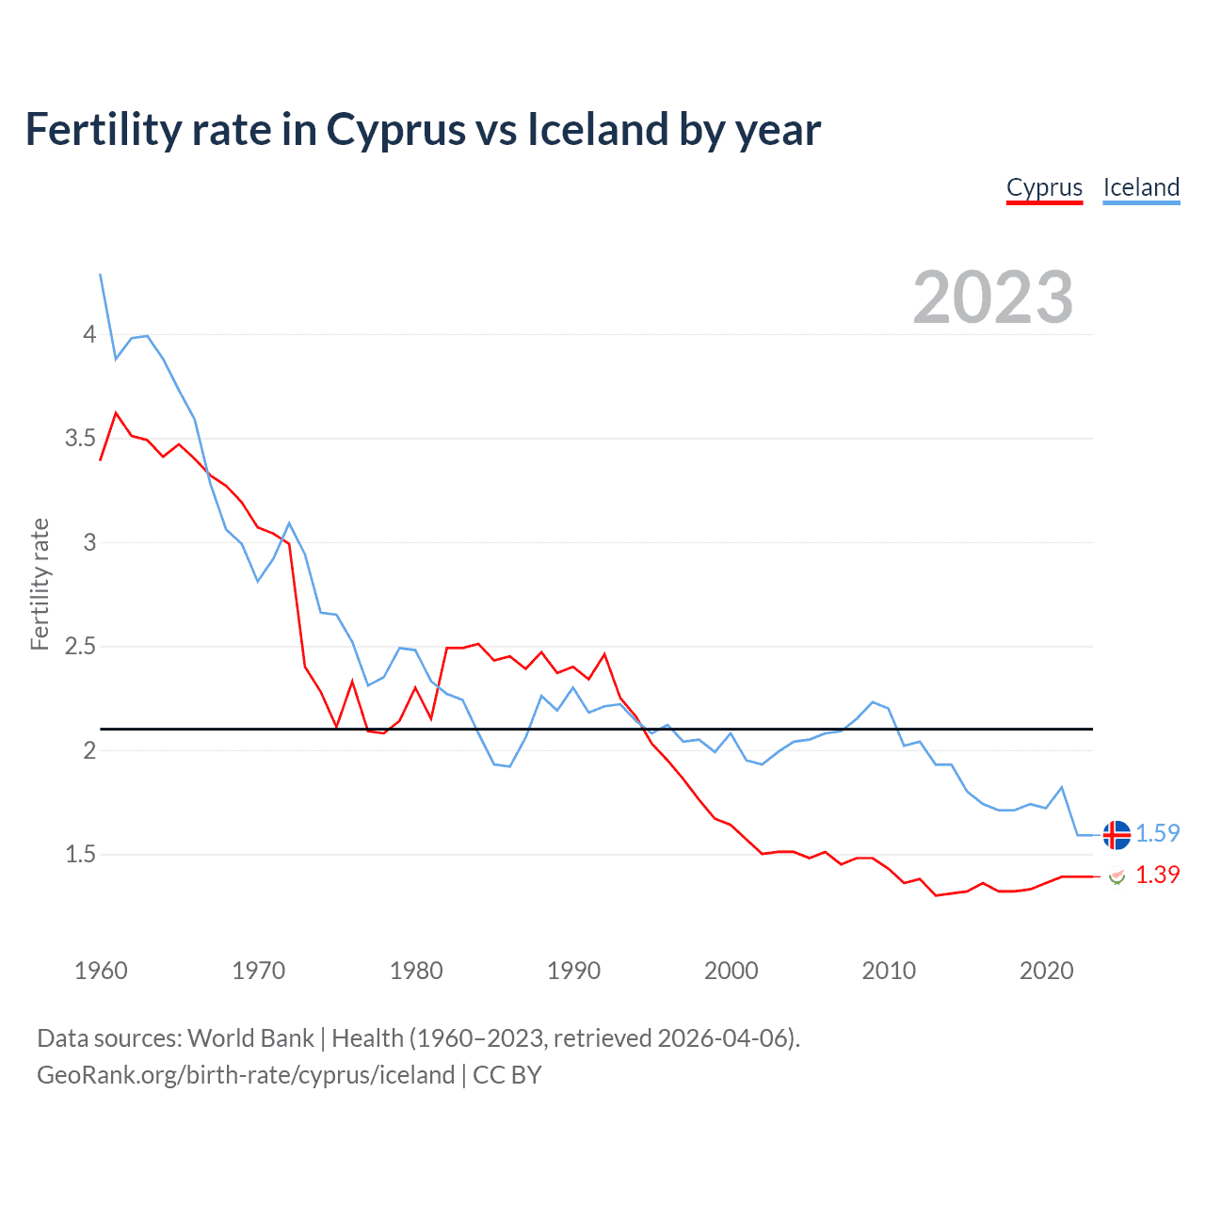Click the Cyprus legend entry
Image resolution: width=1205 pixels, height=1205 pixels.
click(1044, 187)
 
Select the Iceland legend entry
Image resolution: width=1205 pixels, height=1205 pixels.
click(1141, 187)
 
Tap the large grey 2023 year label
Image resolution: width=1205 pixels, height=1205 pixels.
click(993, 297)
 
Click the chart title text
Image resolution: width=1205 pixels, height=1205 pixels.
click(423, 129)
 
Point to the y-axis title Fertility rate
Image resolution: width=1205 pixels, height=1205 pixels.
click(40, 584)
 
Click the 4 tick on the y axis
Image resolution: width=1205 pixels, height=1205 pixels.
click(89, 334)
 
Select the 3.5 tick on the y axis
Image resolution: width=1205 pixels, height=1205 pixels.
click(81, 439)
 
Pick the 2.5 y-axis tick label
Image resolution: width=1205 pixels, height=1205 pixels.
click(81, 647)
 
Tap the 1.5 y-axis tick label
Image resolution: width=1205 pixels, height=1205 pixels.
click(81, 855)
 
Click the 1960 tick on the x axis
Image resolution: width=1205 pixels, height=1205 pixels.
click(101, 971)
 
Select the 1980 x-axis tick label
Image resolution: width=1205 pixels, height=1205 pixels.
click(416, 971)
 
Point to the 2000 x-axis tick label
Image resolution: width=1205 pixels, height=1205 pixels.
click(731, 971)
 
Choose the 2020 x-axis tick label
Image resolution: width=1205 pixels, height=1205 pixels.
click(1046, 971)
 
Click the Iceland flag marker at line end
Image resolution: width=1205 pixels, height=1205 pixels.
click(1117, 834)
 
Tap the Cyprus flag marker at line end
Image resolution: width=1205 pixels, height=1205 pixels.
click(1117, 876)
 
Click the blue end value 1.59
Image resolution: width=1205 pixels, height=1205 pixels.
click(1157, 834)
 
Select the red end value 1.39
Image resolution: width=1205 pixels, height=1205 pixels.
click(1157, 876)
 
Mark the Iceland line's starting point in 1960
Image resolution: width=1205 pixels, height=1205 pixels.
click(101, 275)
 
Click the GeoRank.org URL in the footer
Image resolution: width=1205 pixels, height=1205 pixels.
click(246, 1075)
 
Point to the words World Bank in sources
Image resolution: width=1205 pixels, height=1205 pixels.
click(250, 1038)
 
